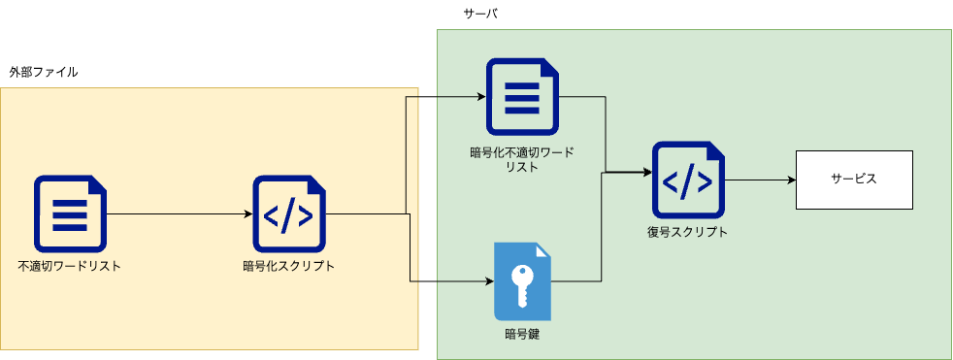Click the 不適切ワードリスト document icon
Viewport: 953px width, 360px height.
(x=70, y=212)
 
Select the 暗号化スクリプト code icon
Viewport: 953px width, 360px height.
(x=289, y=212)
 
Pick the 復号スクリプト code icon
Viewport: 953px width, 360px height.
(x=688, y=180)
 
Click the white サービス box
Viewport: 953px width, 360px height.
(x=853, y=180)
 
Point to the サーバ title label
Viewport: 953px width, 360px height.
(x=481, y=15)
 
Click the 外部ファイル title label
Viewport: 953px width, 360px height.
(x=44, y=73)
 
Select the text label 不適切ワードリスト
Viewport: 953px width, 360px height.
(x=70, y=265)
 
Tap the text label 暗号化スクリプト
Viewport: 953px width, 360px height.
(x=289, y=265)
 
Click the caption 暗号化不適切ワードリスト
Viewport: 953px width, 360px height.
(x=522, y=159)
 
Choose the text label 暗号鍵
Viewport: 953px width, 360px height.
(x=522, y=336)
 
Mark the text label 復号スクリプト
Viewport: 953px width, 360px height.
(x=688, y=233)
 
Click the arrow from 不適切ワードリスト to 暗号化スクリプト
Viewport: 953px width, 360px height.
(x=175, y=213)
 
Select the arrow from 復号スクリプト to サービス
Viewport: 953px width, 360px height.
(x=757, y=180)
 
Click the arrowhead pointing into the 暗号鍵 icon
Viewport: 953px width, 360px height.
(x=488, y=282)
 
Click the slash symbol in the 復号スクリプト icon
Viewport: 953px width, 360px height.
(x=688, y=180)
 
